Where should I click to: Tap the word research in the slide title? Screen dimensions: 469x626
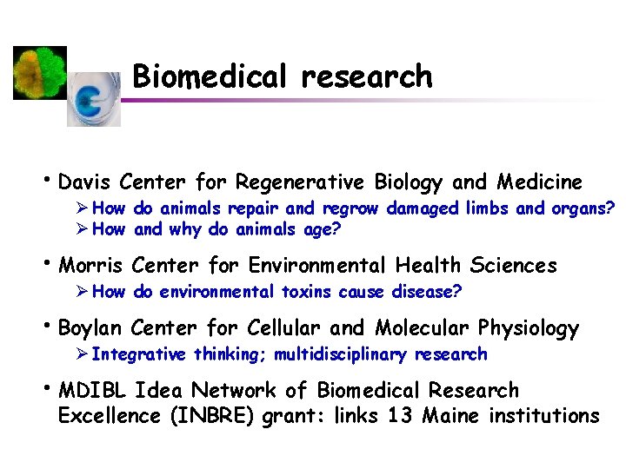pyautogui.click(x=366, y=76)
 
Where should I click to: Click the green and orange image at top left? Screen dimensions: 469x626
pyautogui.click(x=40, y=73)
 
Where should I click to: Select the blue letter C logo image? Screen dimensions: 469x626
pyautogui.click(x=94, y=99)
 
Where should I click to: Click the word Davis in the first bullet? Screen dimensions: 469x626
pyautogui.click(x=84, y=182)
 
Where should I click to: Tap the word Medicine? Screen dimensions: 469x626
pyautogui.click(x=539, y=182)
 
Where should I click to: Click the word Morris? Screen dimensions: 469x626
pyautogui.click(x=90, y=265)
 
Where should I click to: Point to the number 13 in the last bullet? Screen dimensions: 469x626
pyautogui.click(x=400, y=416)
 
